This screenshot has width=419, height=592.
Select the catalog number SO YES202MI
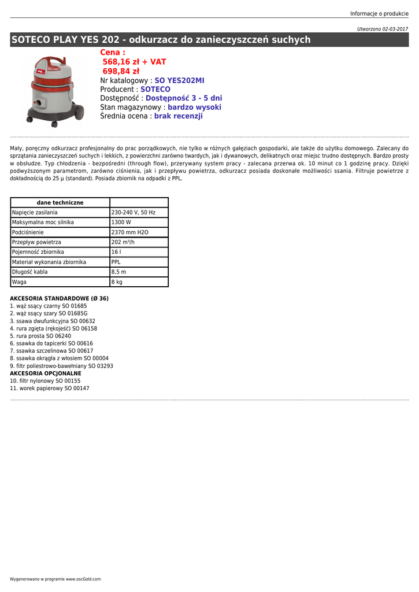179,80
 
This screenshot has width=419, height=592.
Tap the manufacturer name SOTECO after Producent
155,90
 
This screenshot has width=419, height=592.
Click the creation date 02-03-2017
395,28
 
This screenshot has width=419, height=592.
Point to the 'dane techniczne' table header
60,203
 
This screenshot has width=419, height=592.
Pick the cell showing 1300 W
121,223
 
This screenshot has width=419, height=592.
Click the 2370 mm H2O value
130,232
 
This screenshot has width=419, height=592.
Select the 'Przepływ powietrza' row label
36,242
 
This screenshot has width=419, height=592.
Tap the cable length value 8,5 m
118,272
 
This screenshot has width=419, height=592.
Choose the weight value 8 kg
117,282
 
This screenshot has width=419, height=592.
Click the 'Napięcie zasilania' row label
35,213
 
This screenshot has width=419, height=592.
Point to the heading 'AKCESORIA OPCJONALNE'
46,373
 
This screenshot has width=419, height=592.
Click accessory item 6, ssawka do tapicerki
51,343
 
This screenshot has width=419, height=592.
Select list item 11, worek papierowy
50,388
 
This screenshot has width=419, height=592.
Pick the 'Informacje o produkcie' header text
379,14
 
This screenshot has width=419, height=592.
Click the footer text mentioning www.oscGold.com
55,579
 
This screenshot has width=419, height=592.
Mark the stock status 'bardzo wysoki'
194,107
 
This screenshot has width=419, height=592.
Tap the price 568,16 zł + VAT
134,62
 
